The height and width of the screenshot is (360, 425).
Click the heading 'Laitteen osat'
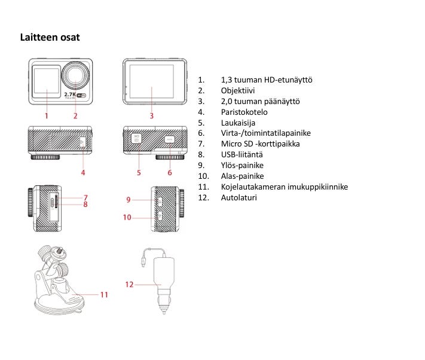(x=50, y=38)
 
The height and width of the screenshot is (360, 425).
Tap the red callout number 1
(x=46, y=115)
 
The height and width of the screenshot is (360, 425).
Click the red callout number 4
(x=83, y=172)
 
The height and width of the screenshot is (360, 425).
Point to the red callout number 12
(x=129, y=284)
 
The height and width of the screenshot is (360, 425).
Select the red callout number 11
(x=104, y=294)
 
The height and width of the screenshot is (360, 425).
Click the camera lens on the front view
(x=76, y=75)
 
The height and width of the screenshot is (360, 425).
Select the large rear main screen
(x=152, y=82)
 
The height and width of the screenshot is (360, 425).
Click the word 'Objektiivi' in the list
(x=238, y=91)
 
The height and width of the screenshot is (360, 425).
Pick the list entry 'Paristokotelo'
(x=244, y=112)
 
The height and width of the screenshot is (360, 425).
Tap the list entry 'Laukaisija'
(x=238, y=123)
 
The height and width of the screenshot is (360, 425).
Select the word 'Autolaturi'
(x=239, y=197)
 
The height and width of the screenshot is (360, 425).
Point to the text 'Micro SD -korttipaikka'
(x=261, y=144)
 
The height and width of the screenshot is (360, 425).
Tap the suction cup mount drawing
(x=56, y=281)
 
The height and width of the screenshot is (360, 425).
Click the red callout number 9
(x=128, y=199)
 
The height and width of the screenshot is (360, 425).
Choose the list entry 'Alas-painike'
(x=242, y=176)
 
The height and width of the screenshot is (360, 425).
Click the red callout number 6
(x=169, y=172)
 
